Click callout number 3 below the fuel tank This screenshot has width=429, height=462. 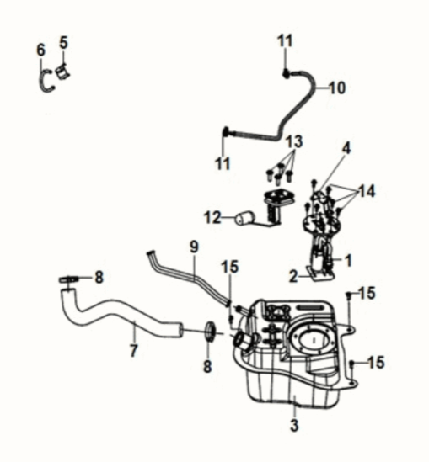point(294,425)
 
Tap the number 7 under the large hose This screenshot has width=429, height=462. point(134,350)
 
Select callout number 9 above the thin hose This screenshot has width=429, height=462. point(193,248)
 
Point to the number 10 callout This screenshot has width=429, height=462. point(336,87)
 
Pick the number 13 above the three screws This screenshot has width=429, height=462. point(292,139)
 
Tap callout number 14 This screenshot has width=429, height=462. point(366,191)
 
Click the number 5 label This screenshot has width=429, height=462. point(64,41)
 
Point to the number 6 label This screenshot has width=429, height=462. point(40,50)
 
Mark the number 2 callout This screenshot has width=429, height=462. point(292,275)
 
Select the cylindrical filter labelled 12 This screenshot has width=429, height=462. point(245,220)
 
